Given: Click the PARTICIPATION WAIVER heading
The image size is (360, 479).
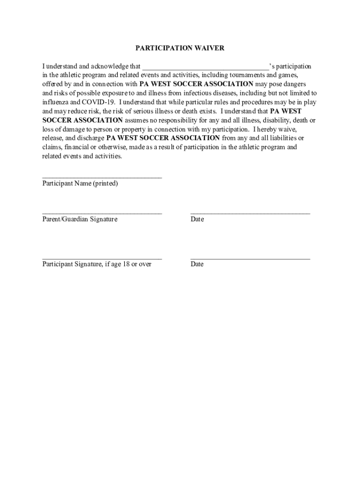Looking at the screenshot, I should [180, 48].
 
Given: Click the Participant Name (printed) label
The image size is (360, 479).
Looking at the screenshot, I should [80, 184].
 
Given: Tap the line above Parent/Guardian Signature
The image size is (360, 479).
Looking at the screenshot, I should [102, 213].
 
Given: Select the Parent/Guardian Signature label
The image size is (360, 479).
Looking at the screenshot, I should [80, 219].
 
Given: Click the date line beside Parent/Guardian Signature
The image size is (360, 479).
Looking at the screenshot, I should [250, 213].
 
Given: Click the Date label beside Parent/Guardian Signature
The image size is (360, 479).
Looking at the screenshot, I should [197, 219].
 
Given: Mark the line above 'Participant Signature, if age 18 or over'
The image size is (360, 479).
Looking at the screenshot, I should [102, 258].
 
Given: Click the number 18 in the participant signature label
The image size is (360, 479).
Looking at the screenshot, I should [126, 264].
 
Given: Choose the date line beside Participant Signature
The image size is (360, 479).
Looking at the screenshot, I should [250, 258].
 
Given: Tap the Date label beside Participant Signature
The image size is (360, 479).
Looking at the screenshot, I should [197, 264].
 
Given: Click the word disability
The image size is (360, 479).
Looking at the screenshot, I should [265, 120].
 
